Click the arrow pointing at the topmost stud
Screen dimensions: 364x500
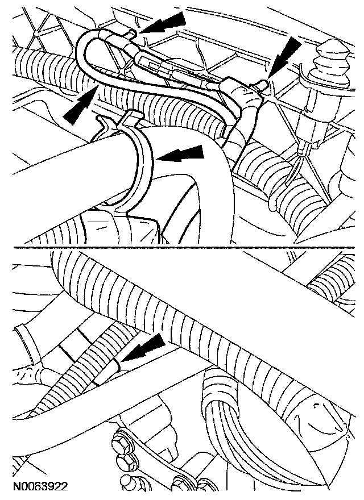click(x=163, y=23)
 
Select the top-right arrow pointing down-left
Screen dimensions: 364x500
click(x=285, y=57)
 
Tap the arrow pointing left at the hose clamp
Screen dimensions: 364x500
click(x=180, y=154)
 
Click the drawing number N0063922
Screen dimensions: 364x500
click(x=40, y=486)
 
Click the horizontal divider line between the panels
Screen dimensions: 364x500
click(x=184, y=248)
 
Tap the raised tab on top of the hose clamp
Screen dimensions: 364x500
click(x=130, y=119)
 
